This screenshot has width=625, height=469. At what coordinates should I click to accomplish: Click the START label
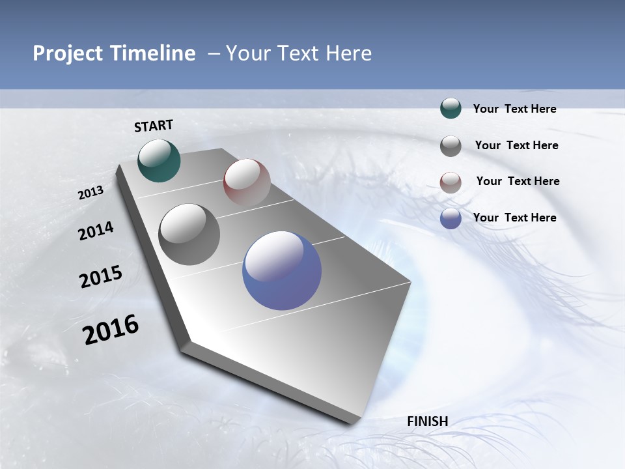click(154, 126)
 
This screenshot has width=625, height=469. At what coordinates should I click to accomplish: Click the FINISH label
click(427, 421)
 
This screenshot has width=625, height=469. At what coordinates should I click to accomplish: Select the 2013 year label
click(90, 193)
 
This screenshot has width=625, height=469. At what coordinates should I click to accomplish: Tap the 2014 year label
click(96, 231)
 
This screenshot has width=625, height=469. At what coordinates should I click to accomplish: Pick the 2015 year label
click(100, 277)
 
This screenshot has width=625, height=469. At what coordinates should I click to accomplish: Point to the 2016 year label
click(111, 329)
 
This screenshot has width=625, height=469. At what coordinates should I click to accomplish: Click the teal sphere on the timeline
click(159, 160)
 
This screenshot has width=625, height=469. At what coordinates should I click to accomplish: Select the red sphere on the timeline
click(247, 182)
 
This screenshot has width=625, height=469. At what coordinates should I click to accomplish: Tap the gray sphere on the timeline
click(189, 234)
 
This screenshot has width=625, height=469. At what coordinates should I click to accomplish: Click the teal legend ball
click(451, 108)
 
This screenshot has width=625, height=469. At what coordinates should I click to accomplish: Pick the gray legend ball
click(451, 146)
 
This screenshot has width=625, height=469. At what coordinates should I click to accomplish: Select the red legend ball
click(451, 182)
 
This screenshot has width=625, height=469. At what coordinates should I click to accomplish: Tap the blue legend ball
click(451, 219)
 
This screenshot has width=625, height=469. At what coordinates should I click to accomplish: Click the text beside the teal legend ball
click(514, 109)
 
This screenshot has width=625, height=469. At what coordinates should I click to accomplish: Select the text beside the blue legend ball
click(514, 218)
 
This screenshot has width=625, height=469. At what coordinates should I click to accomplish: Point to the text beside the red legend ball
click(518, 181)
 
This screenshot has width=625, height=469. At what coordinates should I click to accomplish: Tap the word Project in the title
click(66, 53)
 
